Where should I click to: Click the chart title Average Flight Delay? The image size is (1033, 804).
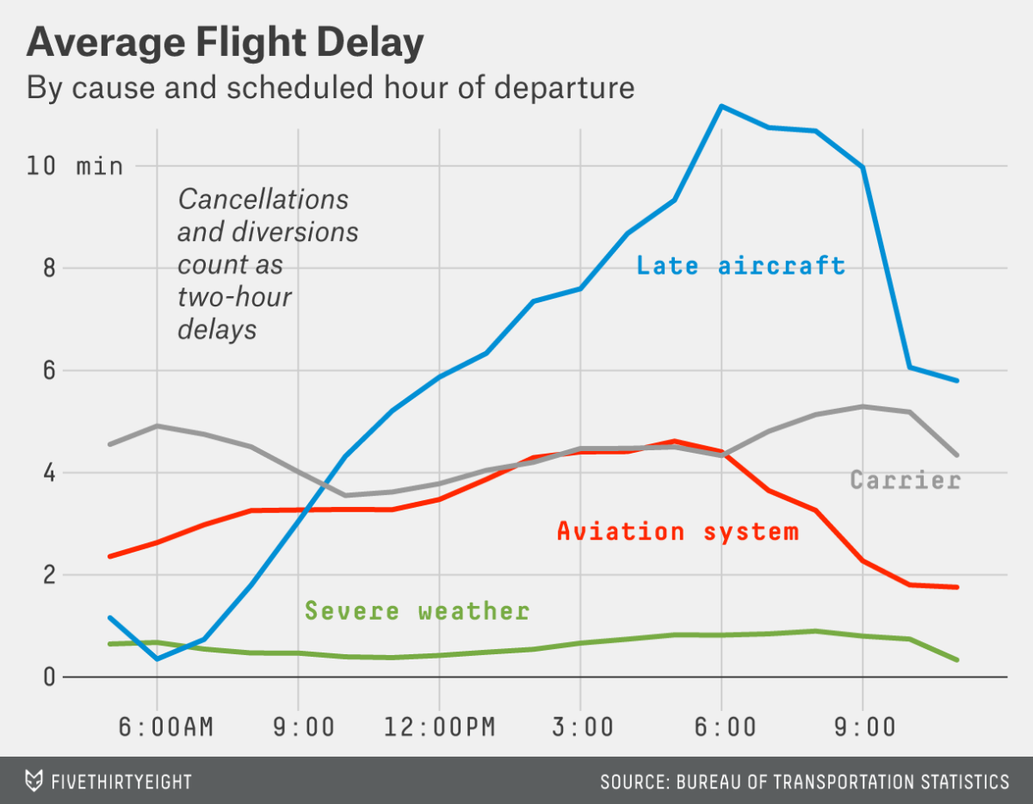pos(226,43)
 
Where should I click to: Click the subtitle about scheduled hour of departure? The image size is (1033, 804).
pos(331,88)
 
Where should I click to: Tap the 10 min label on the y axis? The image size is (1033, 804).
pos(74,165)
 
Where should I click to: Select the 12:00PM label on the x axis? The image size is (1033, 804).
pos(440,727)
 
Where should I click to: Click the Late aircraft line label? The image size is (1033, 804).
pos(740,265)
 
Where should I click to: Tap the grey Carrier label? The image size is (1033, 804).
pos(905,479)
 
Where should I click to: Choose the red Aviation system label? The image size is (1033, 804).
pos(677,531)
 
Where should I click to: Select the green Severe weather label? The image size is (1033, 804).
pos(418,611)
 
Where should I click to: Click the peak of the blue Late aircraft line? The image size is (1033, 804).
pos(721,106)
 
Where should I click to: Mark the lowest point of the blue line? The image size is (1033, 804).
pos(157,659)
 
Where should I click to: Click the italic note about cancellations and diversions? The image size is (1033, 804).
pos(267,264)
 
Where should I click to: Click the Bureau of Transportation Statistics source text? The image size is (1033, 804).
pos(804,782)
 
